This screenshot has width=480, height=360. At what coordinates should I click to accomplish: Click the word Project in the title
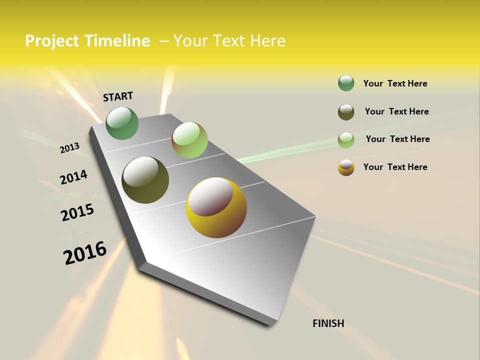pyautogui.click(x=52, y=41)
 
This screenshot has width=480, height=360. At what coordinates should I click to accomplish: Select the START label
pyautogui.click(x=118, y=96)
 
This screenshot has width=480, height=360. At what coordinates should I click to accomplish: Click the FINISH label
pyautogui.click(x=328, y=323)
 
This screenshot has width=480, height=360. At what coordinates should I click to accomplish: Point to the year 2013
pyautogui.click(x=70, y=148)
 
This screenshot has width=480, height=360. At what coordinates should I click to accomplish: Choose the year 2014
pyautogui.click(x=73, y=177)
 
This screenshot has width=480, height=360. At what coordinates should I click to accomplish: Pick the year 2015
pyautogui.click(x=77, y=212)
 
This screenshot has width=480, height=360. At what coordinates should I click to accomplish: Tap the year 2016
pyautogui.click(x=85, y=253)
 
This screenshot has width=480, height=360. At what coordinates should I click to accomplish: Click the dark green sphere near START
pyautogui.click(x=122, y=123)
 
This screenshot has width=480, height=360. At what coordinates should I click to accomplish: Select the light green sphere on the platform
pyautogui.click(x=189, y=140)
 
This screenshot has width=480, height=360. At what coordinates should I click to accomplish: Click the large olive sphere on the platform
pyautogui.click(x=145, y=180)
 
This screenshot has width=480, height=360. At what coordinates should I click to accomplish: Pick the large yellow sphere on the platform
pyautogui.click(x=216, y=207)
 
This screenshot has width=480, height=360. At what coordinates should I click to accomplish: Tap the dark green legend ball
pyautogui.click(x=346, y=83)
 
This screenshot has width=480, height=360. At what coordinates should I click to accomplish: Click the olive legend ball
pyautogui.click(x=346, y=112)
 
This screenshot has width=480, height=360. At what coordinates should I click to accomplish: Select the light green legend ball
pyautogui.click(x=346, y=140)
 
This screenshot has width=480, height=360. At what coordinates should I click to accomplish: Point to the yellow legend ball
pyautogui.click(x=346, y=167)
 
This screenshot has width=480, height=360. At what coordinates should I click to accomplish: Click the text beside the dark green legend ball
pyautogui.click(x=395, y=83)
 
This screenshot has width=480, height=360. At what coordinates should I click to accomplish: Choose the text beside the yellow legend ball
pyautogui.click(x=395, y=167)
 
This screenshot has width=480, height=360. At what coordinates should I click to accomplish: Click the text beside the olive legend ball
pyautogui.click(x=396, y=111)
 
